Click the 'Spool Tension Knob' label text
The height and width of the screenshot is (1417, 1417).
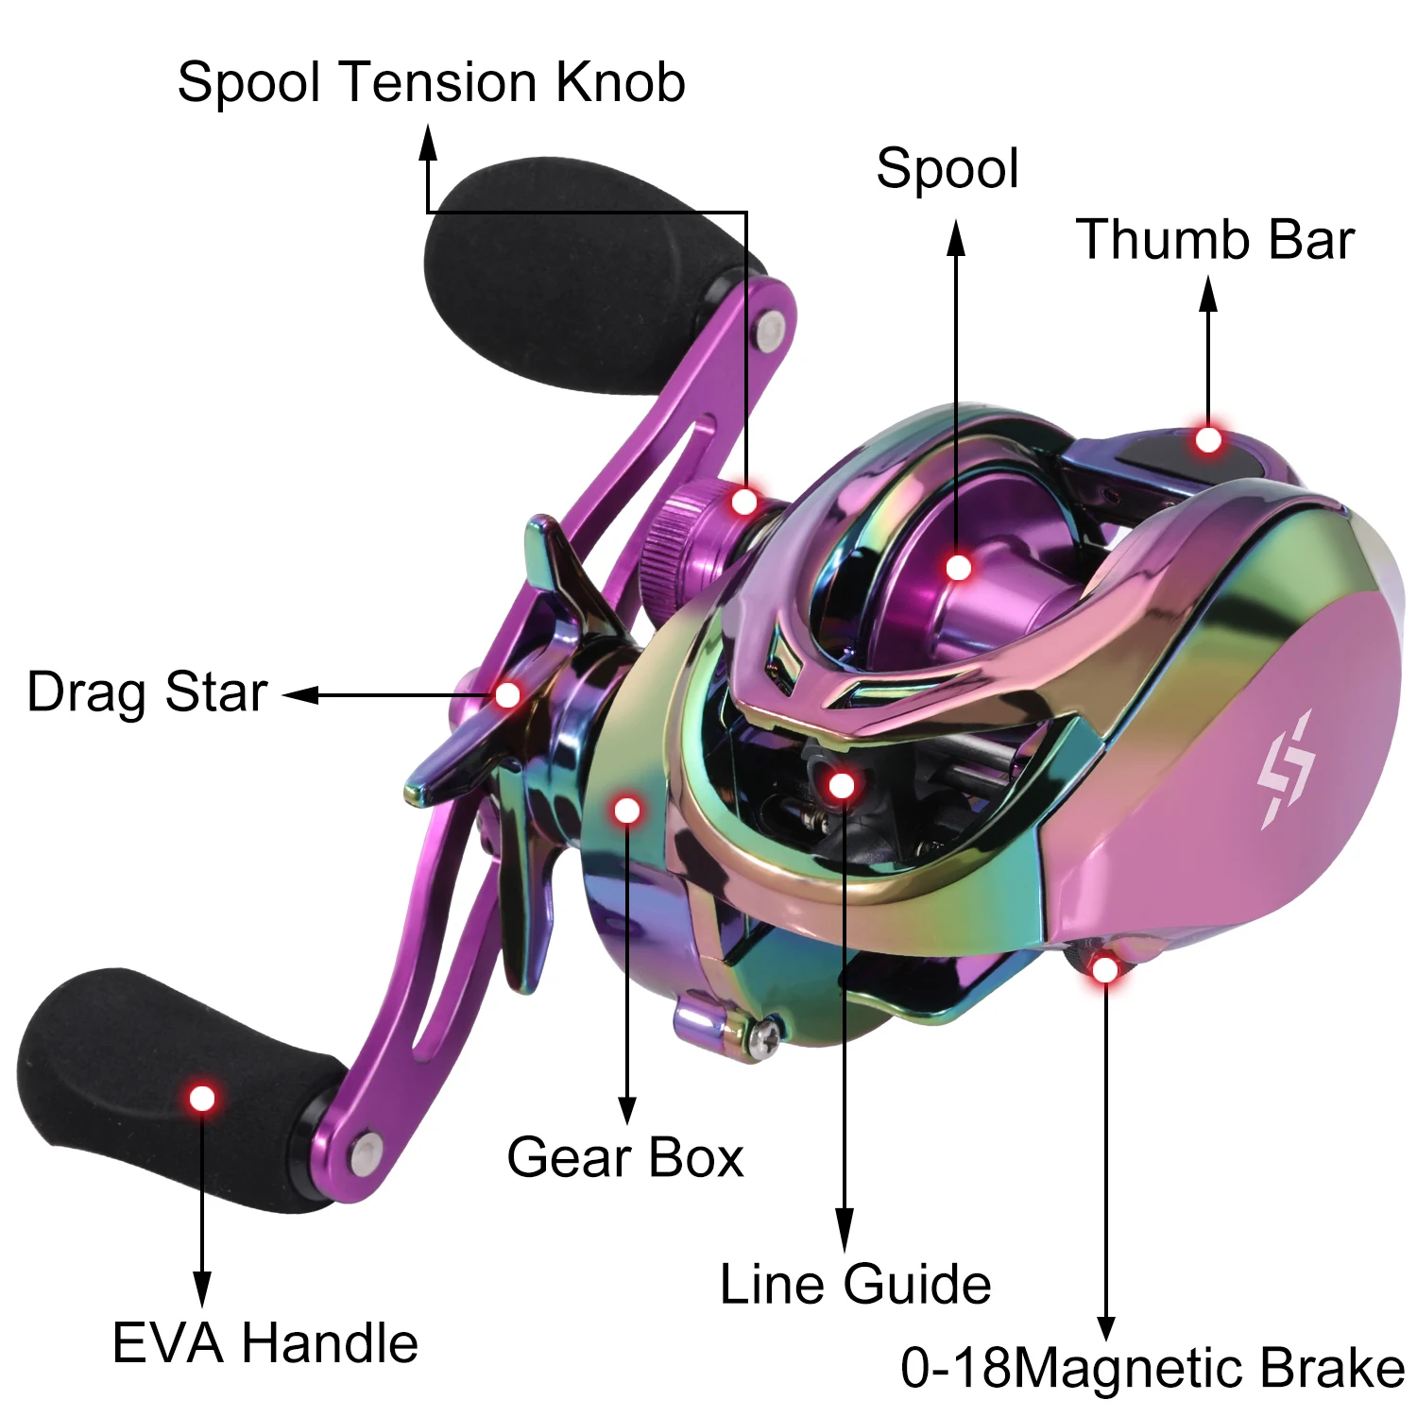pos(431,82)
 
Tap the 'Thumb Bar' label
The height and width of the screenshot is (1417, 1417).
pos(1215,239)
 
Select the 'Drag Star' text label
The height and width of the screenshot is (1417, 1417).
pos(147,691)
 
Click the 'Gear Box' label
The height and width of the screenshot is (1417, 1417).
pos(624,1157)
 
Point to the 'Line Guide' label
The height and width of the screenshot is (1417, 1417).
pos(855,1284)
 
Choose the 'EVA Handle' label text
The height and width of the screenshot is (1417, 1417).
pos(265,1342)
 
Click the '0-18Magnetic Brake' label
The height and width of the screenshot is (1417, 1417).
pos(1152,1367)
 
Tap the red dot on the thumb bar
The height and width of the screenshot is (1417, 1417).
pos(1208,440)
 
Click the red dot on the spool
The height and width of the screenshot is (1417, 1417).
pos(958,568)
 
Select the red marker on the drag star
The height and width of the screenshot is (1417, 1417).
pos(508,695)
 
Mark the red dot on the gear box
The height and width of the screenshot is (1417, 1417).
pos(627,810)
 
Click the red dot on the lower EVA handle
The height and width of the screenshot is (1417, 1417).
pos(202,1099)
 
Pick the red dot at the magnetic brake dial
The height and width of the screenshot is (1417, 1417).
pos(1104,969)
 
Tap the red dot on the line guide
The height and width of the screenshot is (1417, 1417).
pos(841,784)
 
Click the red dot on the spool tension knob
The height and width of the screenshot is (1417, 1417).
pos(744,502)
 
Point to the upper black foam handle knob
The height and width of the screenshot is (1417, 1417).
pos(567,274)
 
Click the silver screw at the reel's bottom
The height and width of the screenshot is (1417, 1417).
pos(764,1036)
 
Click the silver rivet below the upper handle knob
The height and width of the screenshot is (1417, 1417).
pos(771,330)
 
